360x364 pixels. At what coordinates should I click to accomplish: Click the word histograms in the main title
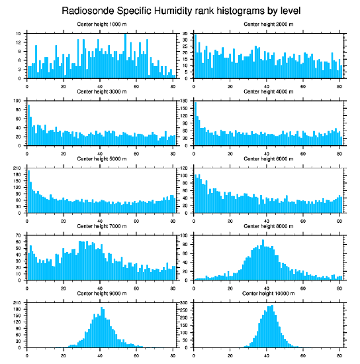(x=221, y=10)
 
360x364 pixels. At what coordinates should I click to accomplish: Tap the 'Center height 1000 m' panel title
(x=101, y=24)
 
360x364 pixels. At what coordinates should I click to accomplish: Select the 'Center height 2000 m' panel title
(x=268, y=24)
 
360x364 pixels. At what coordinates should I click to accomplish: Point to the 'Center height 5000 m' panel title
(x=101, y=159)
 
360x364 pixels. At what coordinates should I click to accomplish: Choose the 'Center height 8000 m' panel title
(x=268, y=226)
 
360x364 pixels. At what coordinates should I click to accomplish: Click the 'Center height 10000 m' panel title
(x=268, y=293)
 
